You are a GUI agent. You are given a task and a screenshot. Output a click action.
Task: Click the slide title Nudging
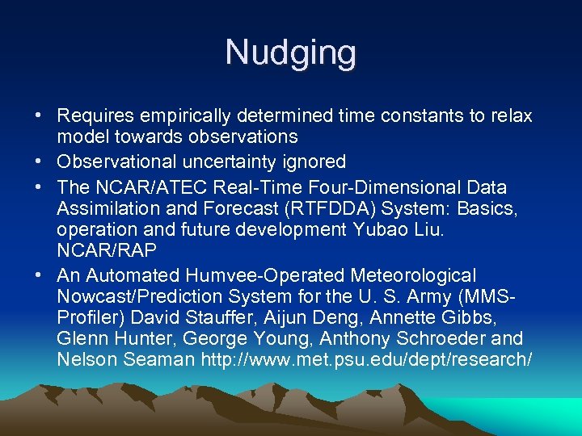tap(290, 53)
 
